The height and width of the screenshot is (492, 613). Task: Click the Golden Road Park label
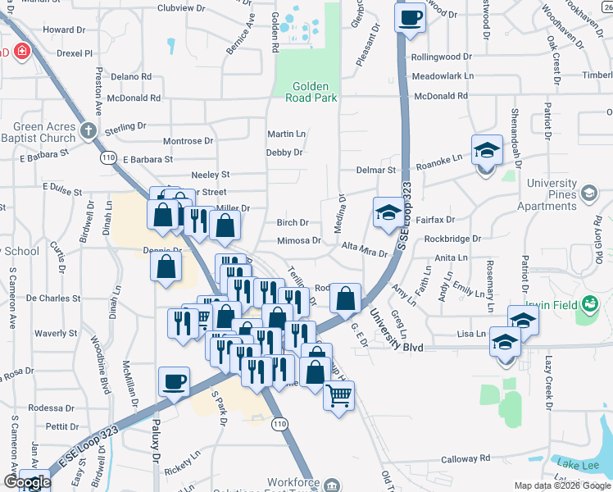pos(311,92)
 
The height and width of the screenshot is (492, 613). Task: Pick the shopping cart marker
pos(338,398)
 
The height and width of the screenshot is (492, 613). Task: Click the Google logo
pos(26,482)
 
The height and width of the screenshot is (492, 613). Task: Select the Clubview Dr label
pos(180,7)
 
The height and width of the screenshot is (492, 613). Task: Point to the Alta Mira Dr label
pos(365,248)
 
